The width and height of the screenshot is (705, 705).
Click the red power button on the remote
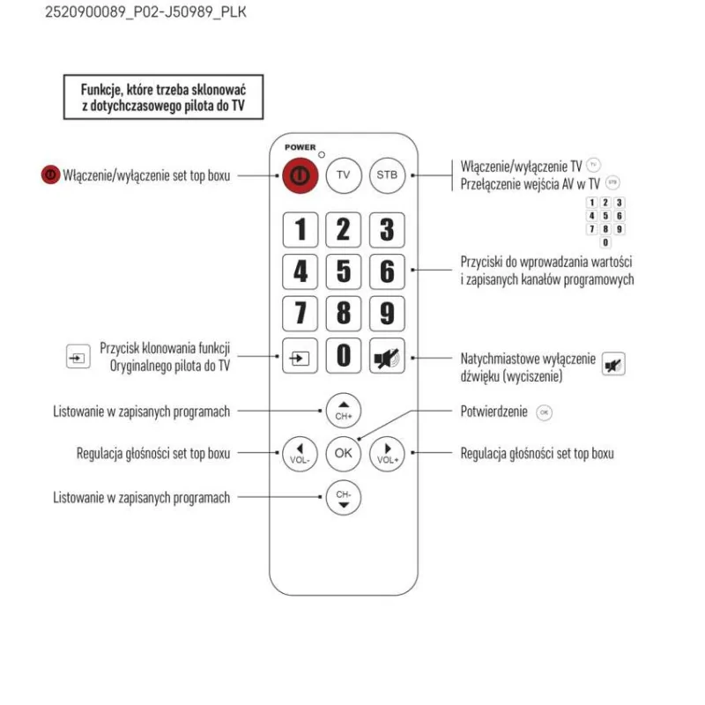(x=300, y=175)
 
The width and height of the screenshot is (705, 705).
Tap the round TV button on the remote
(x=344, y=175)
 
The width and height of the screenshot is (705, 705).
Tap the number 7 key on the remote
(x=300, y=313)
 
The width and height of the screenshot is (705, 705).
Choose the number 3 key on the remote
(x=387, y=230)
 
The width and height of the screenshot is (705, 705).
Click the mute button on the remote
(x=387, y=356)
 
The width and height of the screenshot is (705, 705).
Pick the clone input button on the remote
(x=300, y=356)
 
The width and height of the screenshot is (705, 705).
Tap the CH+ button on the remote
(x=344, y=410)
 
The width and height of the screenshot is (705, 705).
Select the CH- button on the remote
(x=344, y=498)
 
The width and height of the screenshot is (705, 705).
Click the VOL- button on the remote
(x=299, y=454)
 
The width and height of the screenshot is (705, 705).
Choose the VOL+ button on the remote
(x=387, y=454)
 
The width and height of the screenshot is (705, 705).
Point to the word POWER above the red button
(x=300, y=147)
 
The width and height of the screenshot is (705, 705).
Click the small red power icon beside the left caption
(x=50, y=175)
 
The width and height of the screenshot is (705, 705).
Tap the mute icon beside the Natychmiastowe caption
(x=612, y=364)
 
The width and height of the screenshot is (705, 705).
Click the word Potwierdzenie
(x=493, y=412)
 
